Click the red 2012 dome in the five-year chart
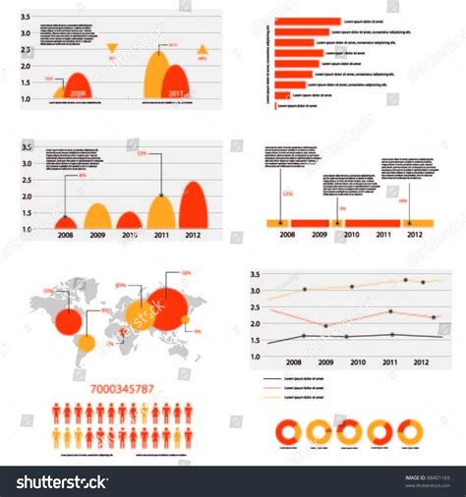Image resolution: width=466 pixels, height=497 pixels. pos(193,206)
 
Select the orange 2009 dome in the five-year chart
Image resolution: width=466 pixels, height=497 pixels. pos(96,217)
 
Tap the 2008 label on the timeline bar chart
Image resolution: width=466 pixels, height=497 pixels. pos(286,235)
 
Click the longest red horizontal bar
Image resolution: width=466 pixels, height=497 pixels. pos(306,21)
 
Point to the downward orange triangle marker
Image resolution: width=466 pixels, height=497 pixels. pos(112,47)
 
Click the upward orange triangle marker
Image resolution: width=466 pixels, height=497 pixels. pos(203,49)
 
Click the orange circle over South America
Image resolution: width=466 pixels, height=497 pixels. pos(87,344)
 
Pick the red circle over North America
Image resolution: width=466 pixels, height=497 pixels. pos(68,320)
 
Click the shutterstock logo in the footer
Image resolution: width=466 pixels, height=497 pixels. pos(61,482)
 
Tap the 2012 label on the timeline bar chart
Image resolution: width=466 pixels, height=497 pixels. pos(415,235)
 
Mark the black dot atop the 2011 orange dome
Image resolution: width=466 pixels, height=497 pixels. pos(161,196)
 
